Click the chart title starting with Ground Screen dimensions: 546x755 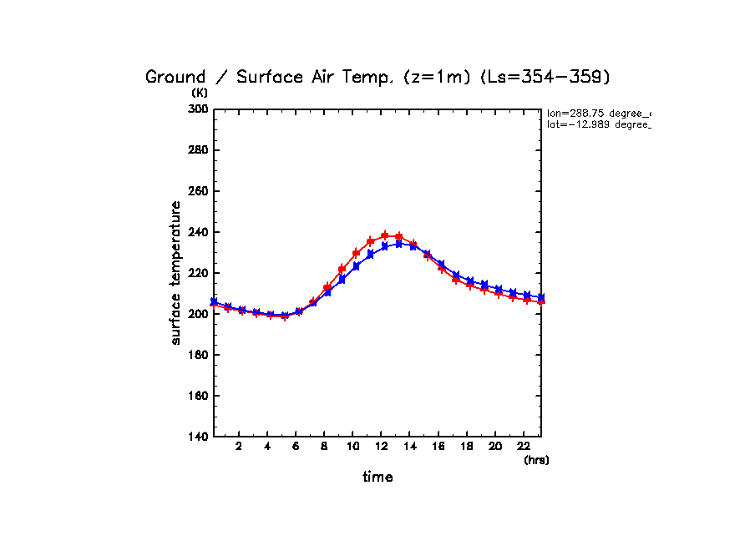coord(378,77)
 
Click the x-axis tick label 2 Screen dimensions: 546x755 coord(239,447)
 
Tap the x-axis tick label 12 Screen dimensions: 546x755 coord(381,447)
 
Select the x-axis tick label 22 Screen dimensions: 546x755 coord(523,447)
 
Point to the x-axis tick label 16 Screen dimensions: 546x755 coord(438,447)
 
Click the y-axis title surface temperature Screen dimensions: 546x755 coord(176,272)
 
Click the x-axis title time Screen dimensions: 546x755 coord(377,478)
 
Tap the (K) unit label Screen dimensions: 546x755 coord(200,93)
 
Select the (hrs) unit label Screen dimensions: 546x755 coord(536,460)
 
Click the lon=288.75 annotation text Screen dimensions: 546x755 coord(598,113)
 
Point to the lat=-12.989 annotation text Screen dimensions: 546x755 coord(598,124)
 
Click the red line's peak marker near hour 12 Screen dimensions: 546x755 coord(385,235)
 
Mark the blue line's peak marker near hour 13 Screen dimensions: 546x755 coord(399,244)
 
